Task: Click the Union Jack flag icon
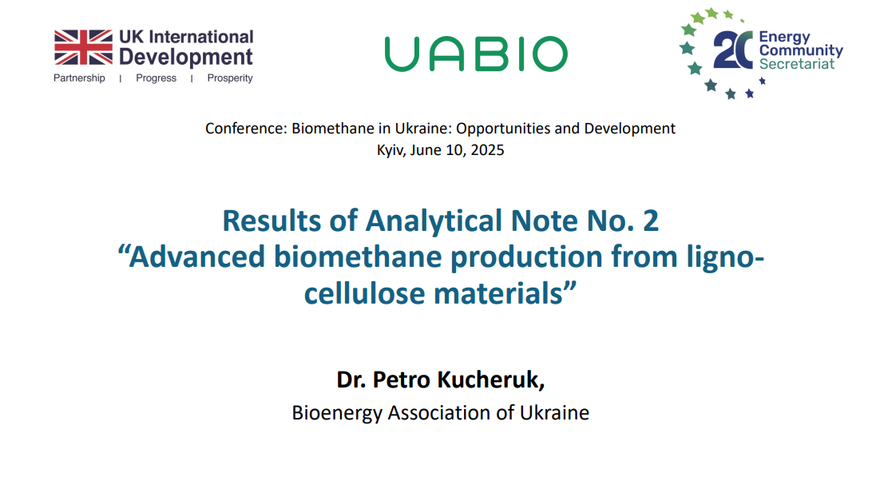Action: coord(83,47)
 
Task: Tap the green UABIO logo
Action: coord(476,54)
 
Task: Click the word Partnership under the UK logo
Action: coord(79,78)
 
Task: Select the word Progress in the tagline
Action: coord(156,78)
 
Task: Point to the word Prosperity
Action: coord(230,78)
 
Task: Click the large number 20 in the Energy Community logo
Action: coord(733,50)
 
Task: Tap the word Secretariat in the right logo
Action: coord(797,64)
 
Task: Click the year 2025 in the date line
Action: coord(487,150)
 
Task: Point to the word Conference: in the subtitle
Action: coord(247,129)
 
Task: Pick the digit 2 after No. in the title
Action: coord(651,221)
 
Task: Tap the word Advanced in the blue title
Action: coord(197,256)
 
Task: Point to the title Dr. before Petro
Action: coord(351,380)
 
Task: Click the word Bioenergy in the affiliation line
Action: coord(337,413)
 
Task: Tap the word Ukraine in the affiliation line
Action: coord(554,412)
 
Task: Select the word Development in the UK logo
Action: coord(186,58)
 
